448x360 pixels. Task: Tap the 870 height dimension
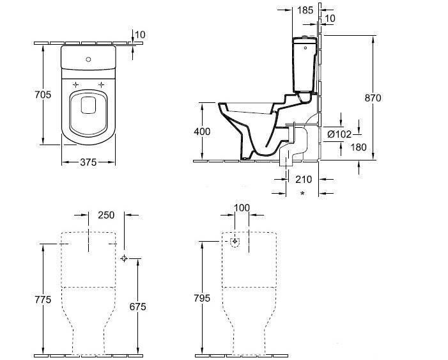coord(373,98)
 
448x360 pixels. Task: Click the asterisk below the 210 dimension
coord(302,192)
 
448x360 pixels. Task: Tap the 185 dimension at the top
coord(305,10)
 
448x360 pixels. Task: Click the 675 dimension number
coord(137,307)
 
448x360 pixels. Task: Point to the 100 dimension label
coord(242,208)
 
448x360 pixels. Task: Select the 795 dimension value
coord(203,299)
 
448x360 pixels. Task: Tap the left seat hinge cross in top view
coord(76,84)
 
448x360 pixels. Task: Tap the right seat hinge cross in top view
coord(101,84)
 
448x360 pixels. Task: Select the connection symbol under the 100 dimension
coord(236,242)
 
